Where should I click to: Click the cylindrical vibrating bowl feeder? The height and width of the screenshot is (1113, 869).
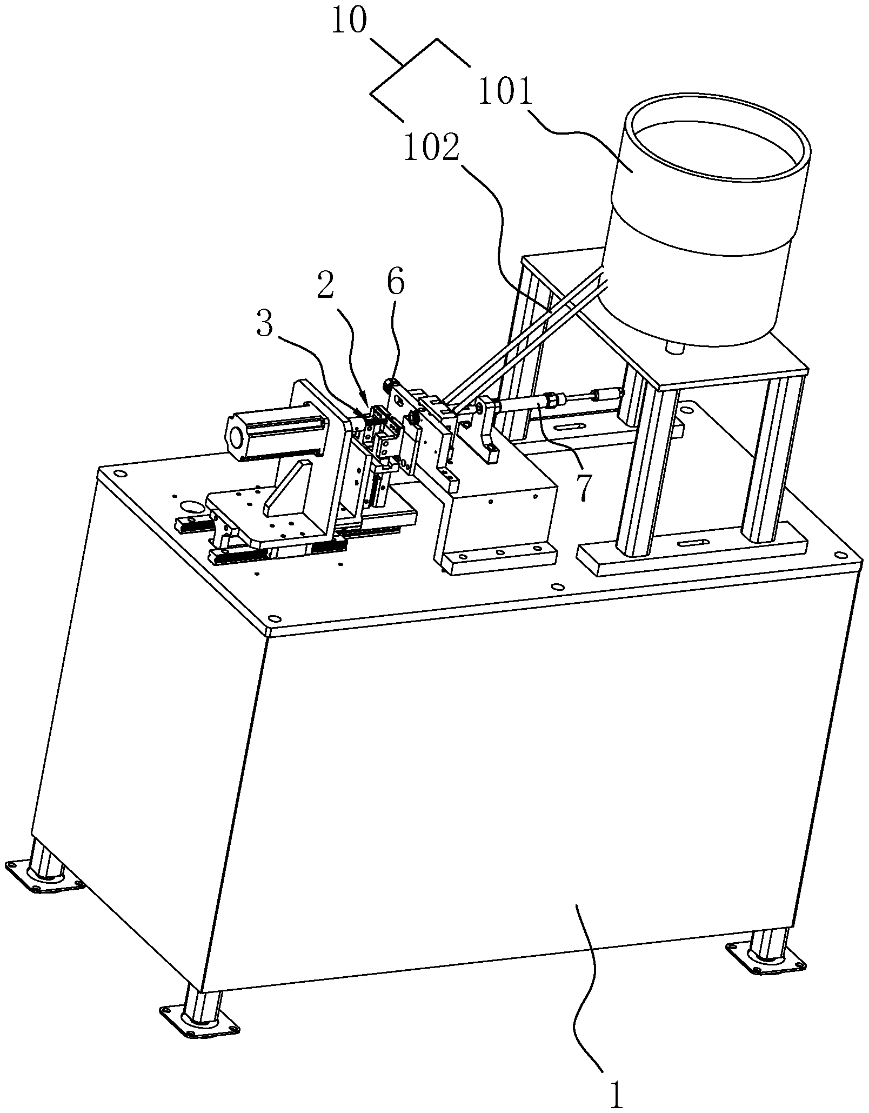708,219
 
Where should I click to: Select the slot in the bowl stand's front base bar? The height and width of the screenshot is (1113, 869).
692,542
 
